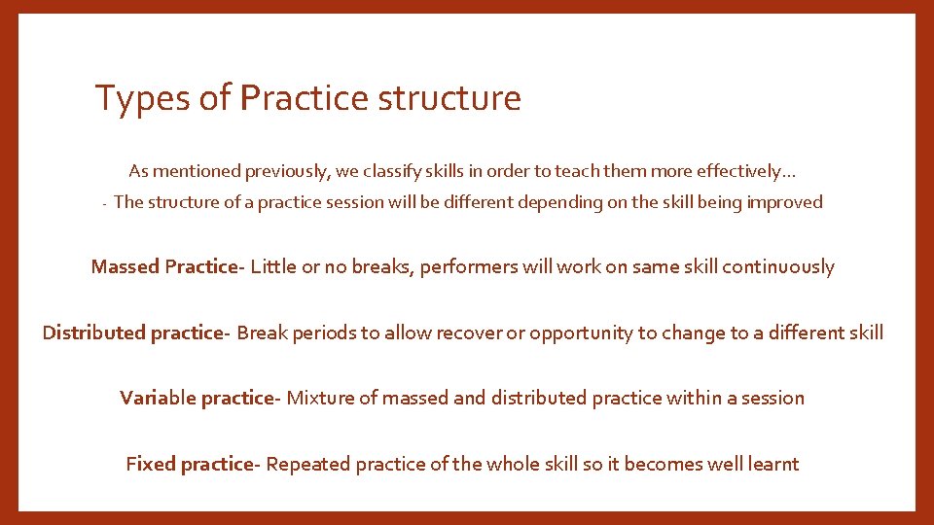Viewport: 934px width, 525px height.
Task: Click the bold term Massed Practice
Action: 163,266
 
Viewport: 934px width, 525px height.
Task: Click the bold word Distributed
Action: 93,332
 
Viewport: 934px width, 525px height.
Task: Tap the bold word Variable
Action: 159,398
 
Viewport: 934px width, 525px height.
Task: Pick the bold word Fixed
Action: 150,464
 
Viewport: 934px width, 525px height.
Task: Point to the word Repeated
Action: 308,464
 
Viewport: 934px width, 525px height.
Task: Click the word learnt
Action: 773,464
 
